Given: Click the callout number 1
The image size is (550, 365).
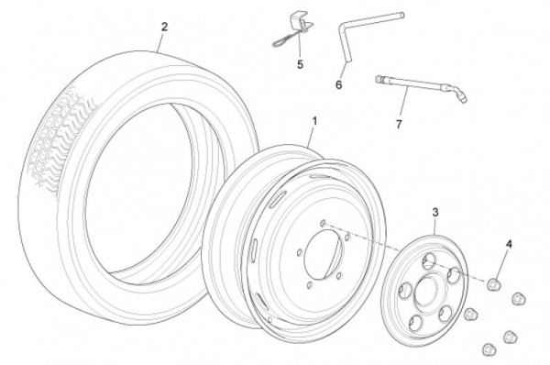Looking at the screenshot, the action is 314,121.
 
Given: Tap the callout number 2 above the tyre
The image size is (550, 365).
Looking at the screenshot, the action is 164,27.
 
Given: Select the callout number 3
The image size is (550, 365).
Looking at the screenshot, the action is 434,213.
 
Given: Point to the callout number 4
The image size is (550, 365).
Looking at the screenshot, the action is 509,244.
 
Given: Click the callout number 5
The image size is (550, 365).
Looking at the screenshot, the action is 300,64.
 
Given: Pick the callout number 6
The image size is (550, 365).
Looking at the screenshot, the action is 338,84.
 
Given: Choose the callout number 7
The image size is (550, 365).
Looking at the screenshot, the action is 399,124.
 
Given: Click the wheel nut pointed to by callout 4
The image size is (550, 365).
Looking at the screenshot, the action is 493,283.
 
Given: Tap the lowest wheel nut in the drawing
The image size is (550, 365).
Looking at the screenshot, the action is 489,348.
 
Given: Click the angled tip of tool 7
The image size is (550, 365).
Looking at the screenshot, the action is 460,95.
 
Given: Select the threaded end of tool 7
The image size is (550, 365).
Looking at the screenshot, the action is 379,79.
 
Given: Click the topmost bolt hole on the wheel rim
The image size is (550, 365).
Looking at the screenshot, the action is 323,223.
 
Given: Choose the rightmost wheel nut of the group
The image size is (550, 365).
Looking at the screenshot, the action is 518,299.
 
